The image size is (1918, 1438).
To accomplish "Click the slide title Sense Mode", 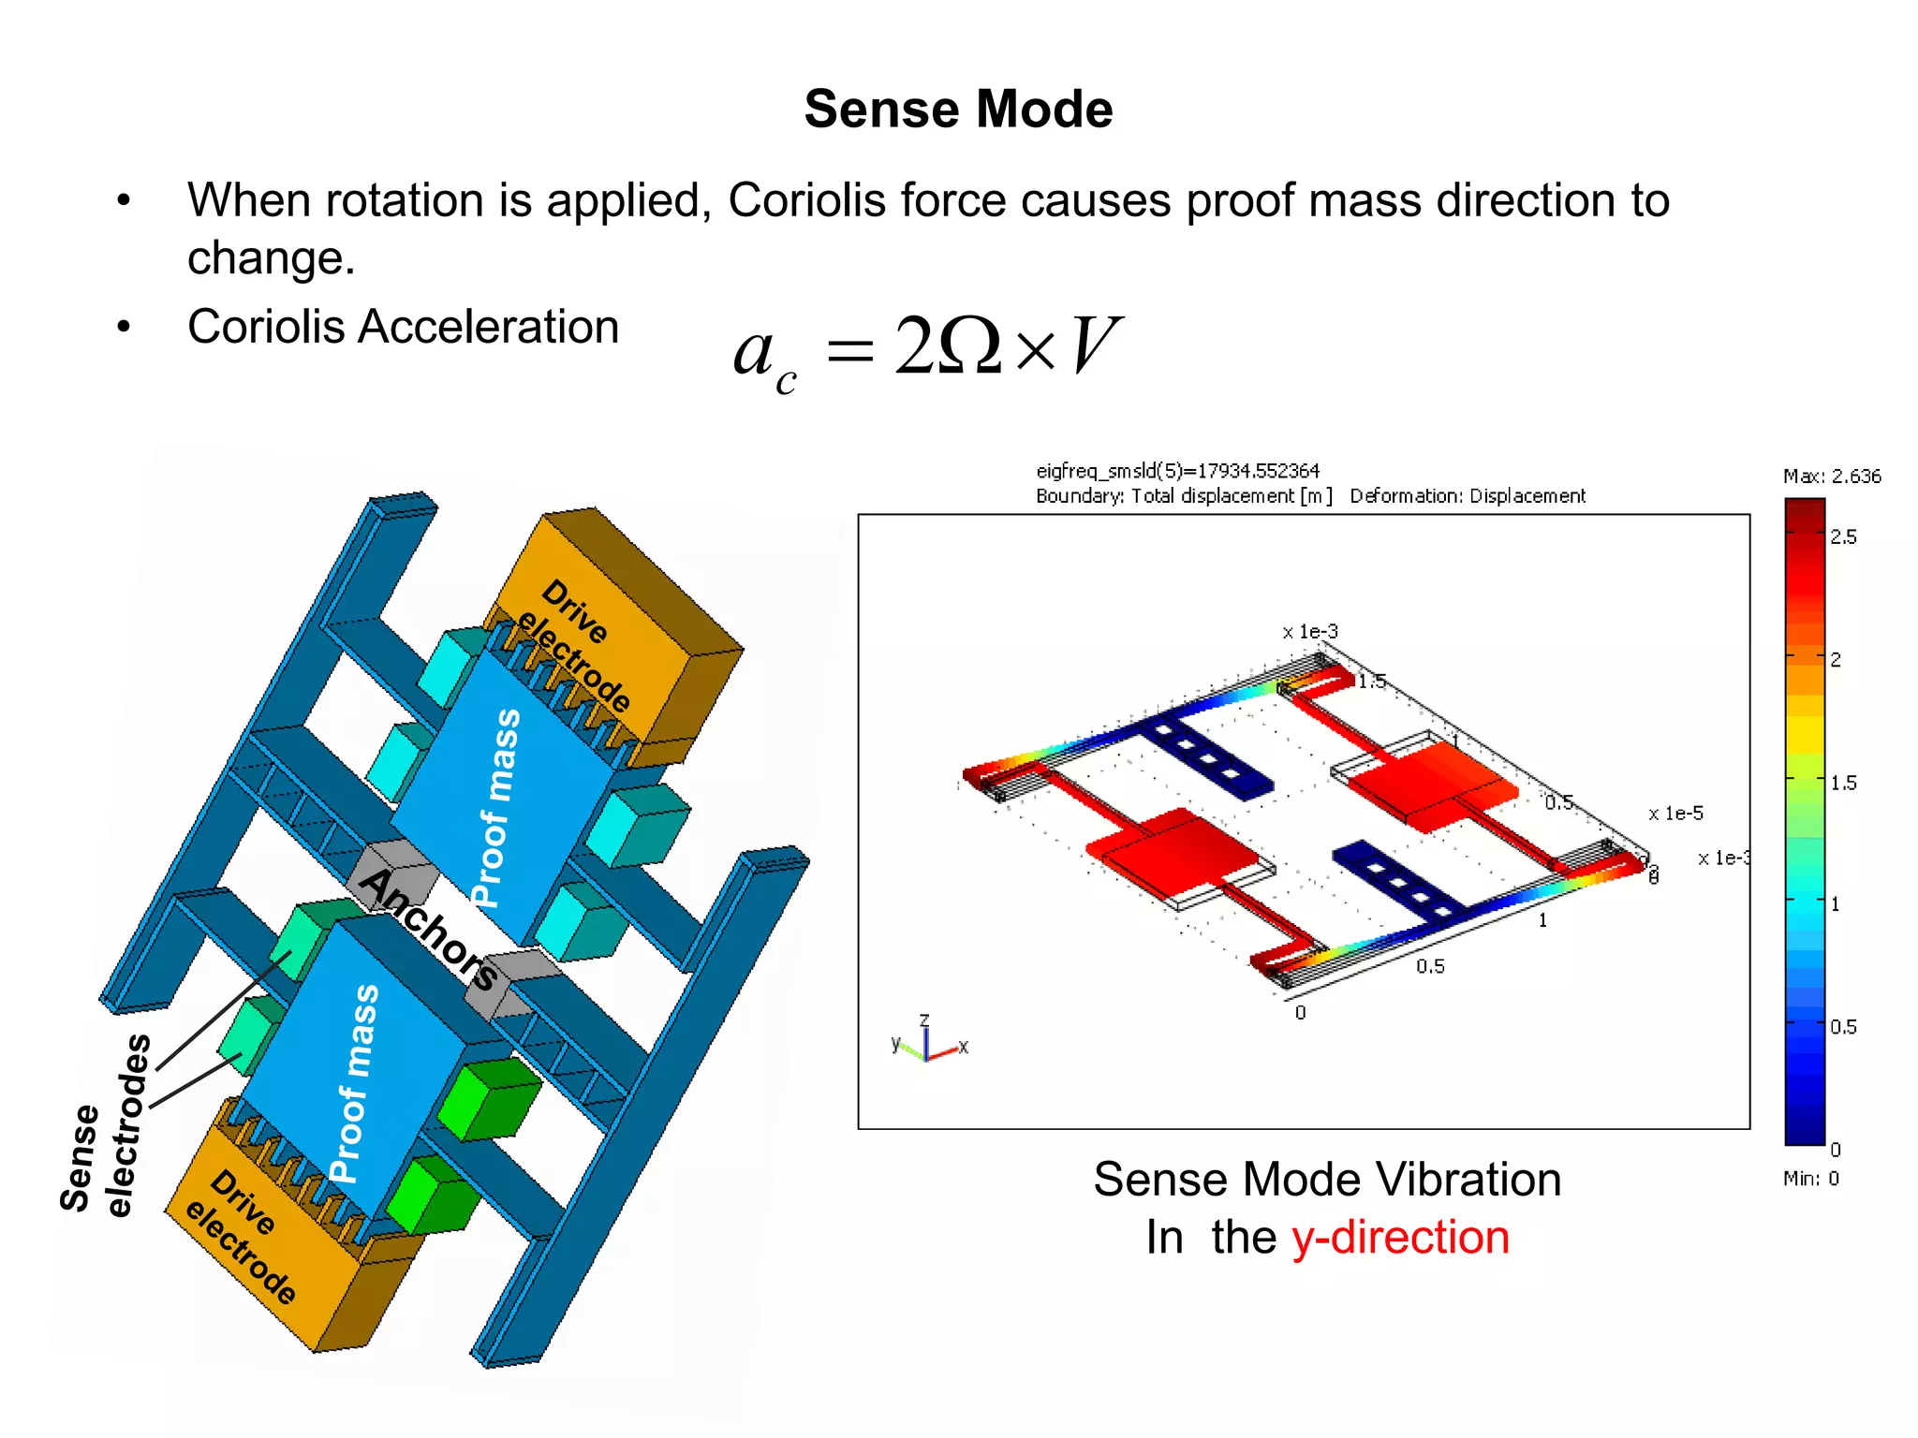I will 958,110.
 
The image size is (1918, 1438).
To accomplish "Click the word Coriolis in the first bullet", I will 805,200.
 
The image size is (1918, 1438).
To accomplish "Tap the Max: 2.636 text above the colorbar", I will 1831,477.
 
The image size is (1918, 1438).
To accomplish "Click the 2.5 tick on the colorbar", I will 1842,537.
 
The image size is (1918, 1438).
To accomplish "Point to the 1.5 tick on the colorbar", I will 1842,783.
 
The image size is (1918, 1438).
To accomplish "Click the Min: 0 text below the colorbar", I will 1810,1179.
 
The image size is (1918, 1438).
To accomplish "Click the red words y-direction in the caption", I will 1400,1238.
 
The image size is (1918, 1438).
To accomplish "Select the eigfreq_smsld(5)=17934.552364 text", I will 1177,471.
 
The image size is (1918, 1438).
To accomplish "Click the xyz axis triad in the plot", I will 927,1041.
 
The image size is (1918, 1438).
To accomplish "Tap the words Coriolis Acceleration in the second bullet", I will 403,328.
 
